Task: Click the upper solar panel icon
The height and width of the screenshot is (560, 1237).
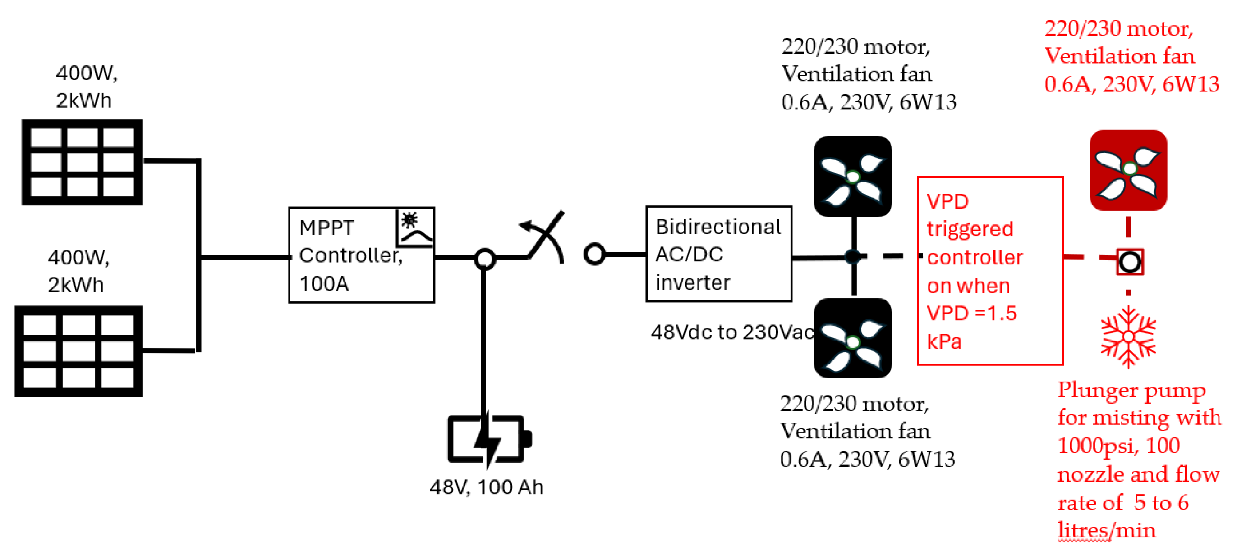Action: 82,162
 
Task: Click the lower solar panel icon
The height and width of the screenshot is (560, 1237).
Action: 79,351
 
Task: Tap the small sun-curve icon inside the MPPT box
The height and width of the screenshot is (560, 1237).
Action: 415,228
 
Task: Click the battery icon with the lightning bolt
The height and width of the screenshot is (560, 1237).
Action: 488,439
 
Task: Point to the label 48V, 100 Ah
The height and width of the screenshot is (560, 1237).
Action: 486,487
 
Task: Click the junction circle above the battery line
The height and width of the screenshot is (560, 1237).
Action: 484,258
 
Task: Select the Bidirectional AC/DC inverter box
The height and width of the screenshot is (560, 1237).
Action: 718,254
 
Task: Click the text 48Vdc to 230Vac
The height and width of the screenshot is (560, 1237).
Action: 732,332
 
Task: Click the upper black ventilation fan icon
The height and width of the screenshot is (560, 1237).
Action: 853,177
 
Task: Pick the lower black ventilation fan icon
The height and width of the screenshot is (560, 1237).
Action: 853,338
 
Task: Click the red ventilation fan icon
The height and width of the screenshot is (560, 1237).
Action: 1128,170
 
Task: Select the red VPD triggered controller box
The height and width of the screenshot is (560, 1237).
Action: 990,271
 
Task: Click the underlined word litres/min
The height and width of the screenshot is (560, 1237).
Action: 1106,531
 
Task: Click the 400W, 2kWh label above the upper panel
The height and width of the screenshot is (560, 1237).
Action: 87,87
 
